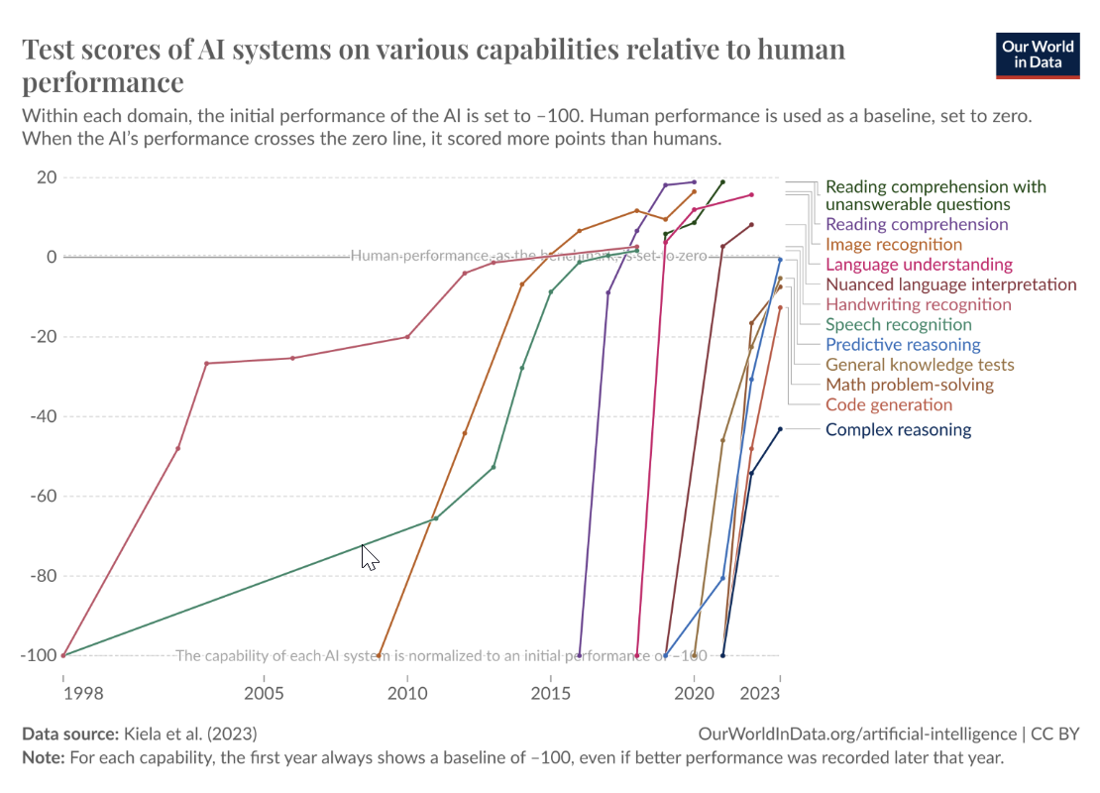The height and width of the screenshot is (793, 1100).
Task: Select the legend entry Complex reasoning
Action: click(x=898, y=430)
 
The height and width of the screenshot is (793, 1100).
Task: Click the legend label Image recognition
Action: click(x=893, y=245)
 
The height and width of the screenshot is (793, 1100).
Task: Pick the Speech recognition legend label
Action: click(x=898, y=325)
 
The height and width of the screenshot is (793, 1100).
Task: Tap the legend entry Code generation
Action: click(x=888, y=404)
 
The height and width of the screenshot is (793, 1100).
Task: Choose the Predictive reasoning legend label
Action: click(x=902, y=345)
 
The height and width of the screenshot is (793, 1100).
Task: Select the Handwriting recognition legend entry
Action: click(x=918, y=304)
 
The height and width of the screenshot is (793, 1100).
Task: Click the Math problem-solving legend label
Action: click(x=909, y=385)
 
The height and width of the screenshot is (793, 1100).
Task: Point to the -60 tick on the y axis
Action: click(x=41, y=496)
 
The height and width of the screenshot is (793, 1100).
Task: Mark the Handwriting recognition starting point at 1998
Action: click(x=63, y=655)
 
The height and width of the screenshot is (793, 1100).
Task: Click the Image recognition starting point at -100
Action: click(x=379, y=655)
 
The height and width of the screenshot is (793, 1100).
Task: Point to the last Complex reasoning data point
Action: click(x=780, y=429)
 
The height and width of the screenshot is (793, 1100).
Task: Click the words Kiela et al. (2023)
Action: click(x=190, y=735)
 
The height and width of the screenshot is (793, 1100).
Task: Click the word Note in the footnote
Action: click(x=42, y=757)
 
